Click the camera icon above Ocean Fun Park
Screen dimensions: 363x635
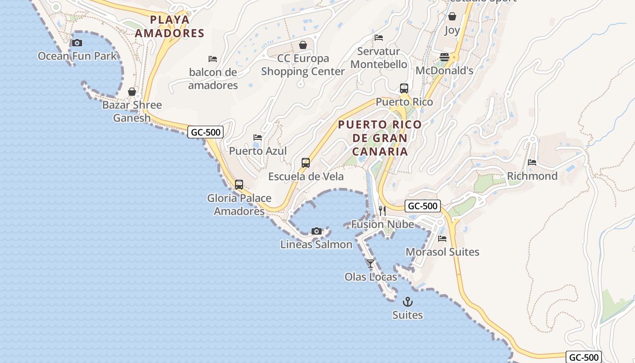pyautogui.click(x=77, y=43)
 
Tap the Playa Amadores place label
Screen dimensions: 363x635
pyautogui.click(x=170, y=26)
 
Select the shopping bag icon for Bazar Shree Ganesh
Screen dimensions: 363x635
pyautogui.click(x=132, y=92)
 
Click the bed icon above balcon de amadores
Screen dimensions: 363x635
pyautogui.click(x=212, y=59)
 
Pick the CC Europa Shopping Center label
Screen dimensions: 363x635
pyautogui.click(x=303, y=65)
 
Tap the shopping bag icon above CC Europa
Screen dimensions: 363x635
pyautogui.click(x=303, y=45)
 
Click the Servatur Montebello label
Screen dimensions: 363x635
pyautogui.click(x=379, y=58)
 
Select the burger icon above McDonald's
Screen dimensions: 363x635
pyautogui.click(x=444, y=57)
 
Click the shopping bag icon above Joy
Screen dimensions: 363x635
pyautogui.click(x=452, y=17)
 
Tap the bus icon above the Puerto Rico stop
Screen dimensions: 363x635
pyautogui.click(x=404, y=88)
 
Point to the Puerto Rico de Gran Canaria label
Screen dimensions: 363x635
pyautogui.click(x=380, y=138)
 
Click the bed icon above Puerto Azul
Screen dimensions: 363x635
pyautogui.click(x=258, y=137)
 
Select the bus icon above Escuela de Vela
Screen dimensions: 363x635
pyautogui.click(x=306, y=163)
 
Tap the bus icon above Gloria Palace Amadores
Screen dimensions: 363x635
pyautogui.click(x=239, y=185)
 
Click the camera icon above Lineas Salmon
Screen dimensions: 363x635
pyautogui.click(x=317, y=231)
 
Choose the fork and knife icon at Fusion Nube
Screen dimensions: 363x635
pyautogui.click(x=382, y=211)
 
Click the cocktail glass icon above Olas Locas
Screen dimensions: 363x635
pyautogui.click(x=371, y=263)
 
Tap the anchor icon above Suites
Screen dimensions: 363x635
pyautogui.click(x=408, y=301)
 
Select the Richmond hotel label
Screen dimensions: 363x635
pyautogui.click(x=532, y=176)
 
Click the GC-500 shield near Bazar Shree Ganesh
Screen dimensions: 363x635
pyautogui.click(x=205, y=132)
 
